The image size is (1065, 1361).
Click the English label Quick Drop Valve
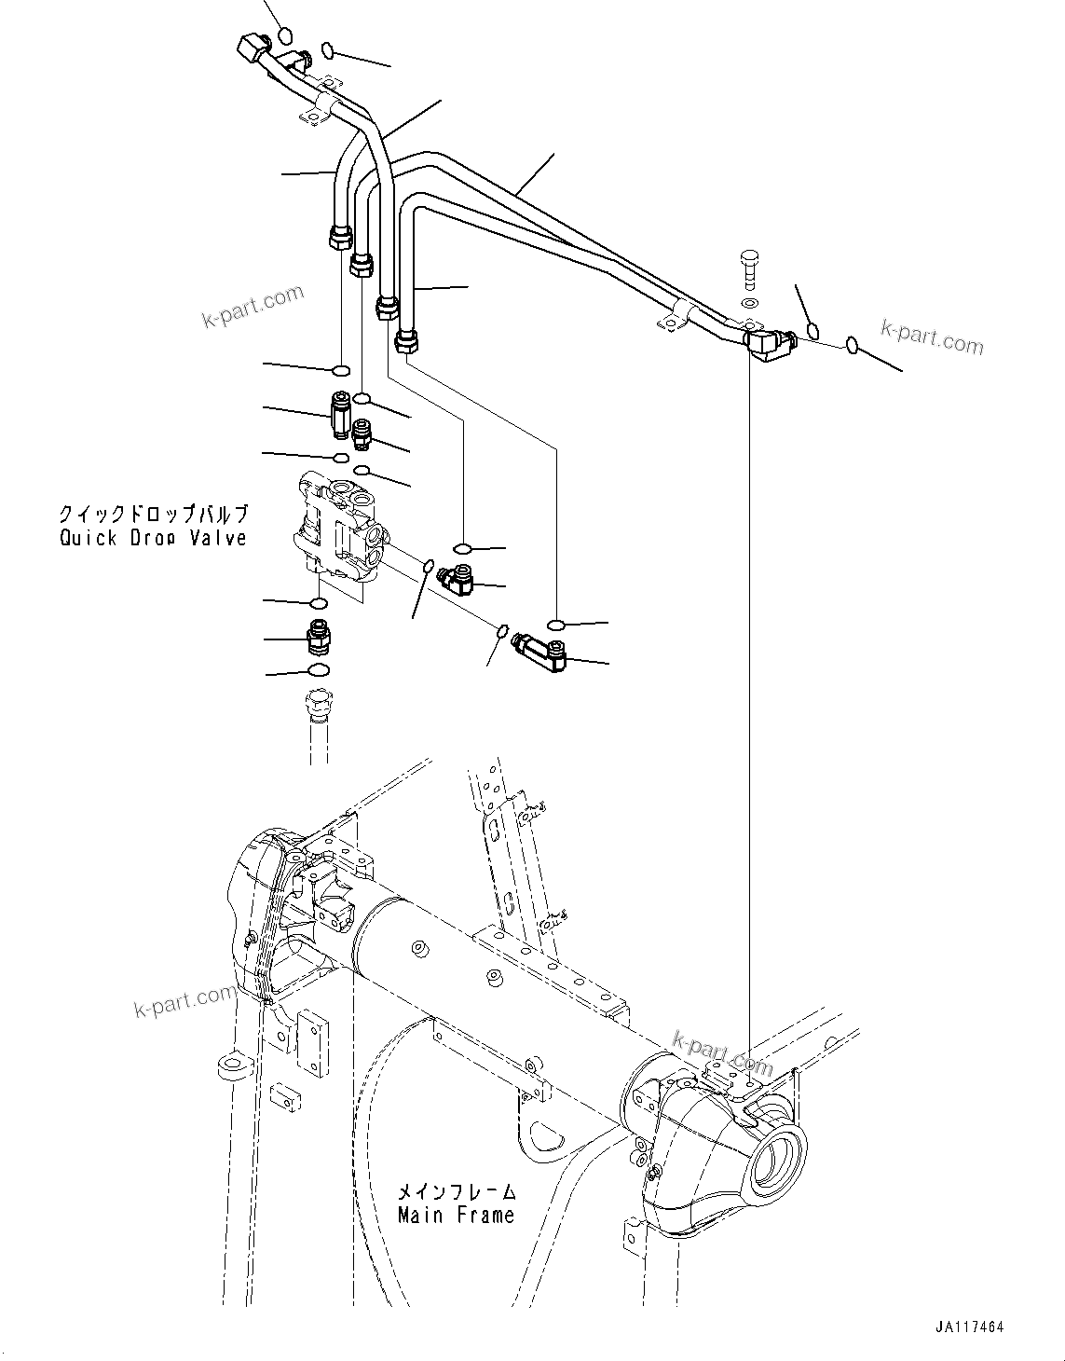pyautogui.click(x=153, y=538)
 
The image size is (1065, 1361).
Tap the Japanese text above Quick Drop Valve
pyautogui.click(x=153, y=514)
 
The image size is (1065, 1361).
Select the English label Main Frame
pyautogui.click(x=456, y=1216)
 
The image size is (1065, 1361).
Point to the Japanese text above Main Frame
pyautogui.click(x=456, y=1192)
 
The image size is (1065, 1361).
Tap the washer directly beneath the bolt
pyautogui.click(x=750, y=303)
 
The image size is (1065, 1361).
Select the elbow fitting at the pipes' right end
pyautogui.click(x=770, y=345)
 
